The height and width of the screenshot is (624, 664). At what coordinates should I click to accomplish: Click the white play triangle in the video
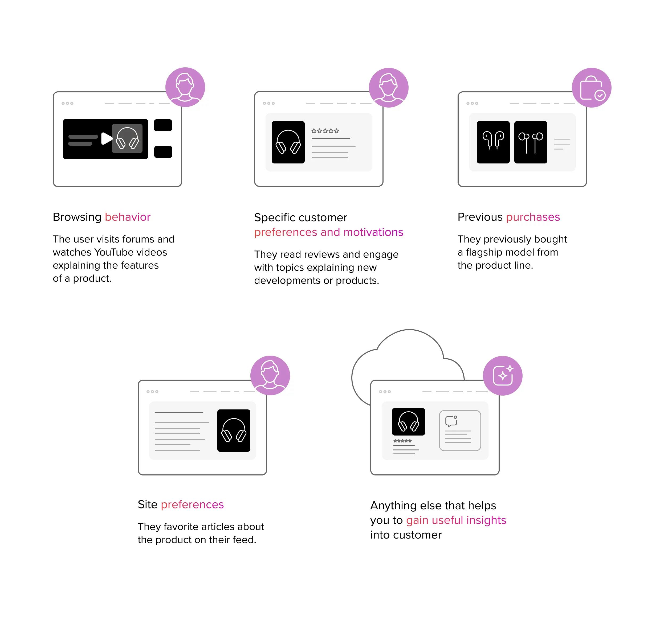coord(107,138)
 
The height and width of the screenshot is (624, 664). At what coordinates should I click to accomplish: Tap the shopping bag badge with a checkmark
coord(592,88)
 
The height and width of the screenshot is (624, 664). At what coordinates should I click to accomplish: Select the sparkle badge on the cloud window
coord(503,376)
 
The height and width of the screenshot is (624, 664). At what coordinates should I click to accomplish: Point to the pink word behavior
coord(128,217)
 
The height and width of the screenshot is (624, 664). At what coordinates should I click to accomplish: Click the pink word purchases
coord(533,217)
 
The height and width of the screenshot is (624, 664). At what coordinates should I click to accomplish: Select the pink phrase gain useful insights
coord(456,520)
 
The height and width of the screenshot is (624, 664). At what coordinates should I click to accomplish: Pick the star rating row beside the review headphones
coord(325,131)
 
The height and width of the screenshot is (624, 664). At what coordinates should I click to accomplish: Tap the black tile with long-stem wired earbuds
coord(531,142)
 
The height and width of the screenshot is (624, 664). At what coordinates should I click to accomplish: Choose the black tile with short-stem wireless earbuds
coord(493,142)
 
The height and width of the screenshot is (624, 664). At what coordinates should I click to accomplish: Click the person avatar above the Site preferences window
coord(270,376)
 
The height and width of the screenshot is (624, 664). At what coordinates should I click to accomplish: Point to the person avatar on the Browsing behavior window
coord(185,87)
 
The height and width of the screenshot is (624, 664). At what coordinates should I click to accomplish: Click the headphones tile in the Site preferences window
coord(234,431)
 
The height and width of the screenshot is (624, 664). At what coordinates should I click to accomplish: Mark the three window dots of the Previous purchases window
coord(472,104)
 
